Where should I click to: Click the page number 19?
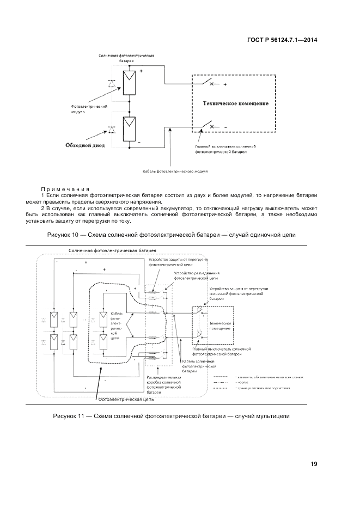(x=314, y=464)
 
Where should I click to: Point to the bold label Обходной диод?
(x=85, y=145)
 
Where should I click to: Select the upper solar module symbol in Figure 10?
(x=130, y=83)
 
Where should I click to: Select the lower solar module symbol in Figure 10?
(x=130, y=128)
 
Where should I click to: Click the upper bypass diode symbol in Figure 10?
(x=113, y=83)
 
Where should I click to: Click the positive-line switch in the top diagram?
(x=208, y=83)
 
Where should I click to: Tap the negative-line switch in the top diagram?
(x=208, y=127)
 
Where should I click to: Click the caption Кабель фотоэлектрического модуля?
(x=175, y=171)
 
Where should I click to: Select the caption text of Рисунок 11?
(x=171, y=416)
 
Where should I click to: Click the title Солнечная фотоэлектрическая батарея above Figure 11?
(x=105, y=250)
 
